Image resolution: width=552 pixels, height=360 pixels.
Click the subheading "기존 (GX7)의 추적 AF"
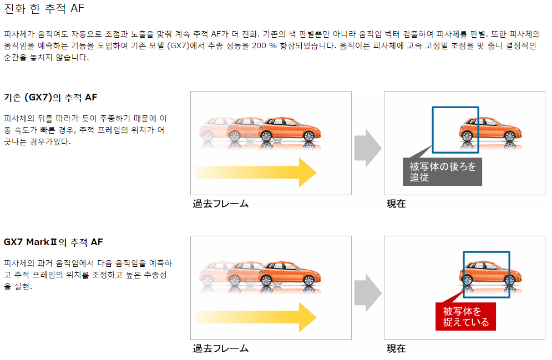click(x=50, y=98)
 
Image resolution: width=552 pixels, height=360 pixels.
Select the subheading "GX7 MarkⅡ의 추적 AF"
click(x=53, y=242)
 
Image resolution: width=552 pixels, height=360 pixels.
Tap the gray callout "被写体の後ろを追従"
click(x=442, y=172)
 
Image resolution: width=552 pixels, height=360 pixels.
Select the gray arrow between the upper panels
click(x=367, y=148)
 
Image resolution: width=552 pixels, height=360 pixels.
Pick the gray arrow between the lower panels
click(x=367, y=292)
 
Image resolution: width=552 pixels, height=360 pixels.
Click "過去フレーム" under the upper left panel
click(x=221, y=204)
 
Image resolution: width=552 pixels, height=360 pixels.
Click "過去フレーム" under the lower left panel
click(x=221, y=348)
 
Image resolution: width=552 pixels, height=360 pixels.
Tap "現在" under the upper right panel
click(x=396, y=204)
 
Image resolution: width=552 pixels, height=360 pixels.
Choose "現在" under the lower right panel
click(x=396, y=348)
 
